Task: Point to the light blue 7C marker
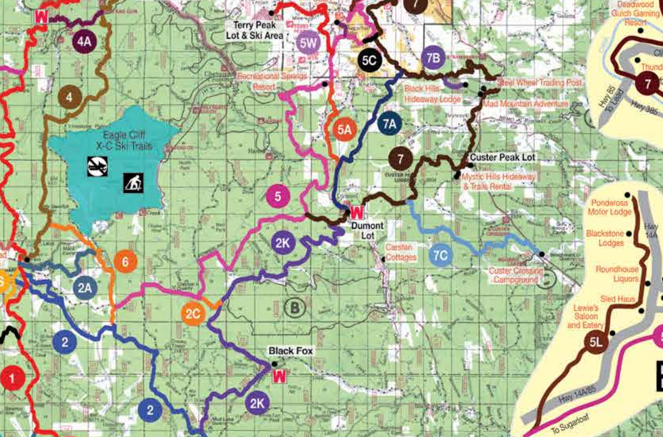click(441, 255)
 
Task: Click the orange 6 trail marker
click(125, 262)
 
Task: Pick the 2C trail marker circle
click(193, 314)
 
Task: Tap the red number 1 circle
click(14, 378)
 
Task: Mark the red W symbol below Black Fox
click(280, 376)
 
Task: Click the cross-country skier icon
click(133, 183)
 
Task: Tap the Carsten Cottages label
click(401, 252)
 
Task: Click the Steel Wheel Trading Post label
click(539, 82)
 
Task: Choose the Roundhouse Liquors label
click(617, 274)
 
